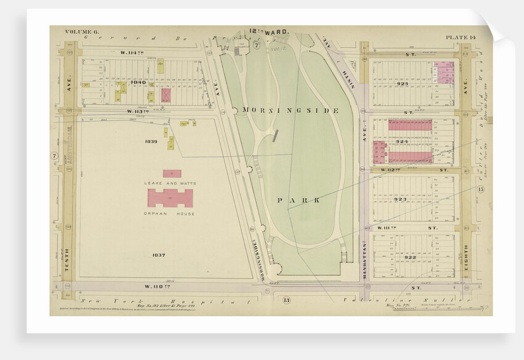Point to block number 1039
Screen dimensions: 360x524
coord(152,141)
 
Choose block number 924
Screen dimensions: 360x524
coord(402,141)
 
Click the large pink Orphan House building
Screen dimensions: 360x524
coord(170,198)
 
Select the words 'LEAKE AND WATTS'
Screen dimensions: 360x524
coord(169,183)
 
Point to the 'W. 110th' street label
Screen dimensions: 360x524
coord(156,286)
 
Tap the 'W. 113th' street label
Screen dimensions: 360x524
coord(139,112)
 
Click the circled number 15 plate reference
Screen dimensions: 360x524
coord(481,189)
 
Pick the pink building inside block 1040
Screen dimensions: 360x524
coord(166,95)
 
